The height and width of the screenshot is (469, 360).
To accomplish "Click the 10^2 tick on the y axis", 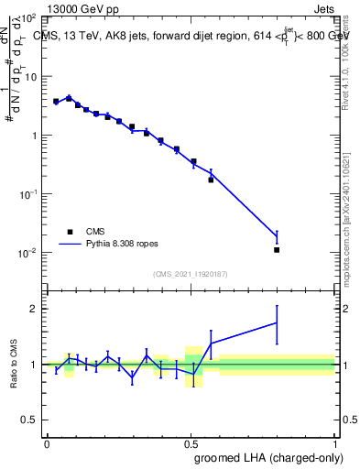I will tap(29, 18).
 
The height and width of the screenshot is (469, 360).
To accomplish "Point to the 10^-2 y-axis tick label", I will tap(27, 253).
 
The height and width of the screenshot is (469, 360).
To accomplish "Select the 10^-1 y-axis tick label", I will tap(27, 194).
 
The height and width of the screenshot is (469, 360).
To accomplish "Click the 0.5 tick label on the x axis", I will tap(191, 442).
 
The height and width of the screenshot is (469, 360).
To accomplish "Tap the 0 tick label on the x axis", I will tap(47, 442).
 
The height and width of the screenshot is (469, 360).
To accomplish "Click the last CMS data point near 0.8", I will tap(277, 249).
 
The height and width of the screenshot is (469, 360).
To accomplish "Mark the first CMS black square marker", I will tap(56, 101).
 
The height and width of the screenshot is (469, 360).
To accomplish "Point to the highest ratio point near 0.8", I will tap(277, 322).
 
